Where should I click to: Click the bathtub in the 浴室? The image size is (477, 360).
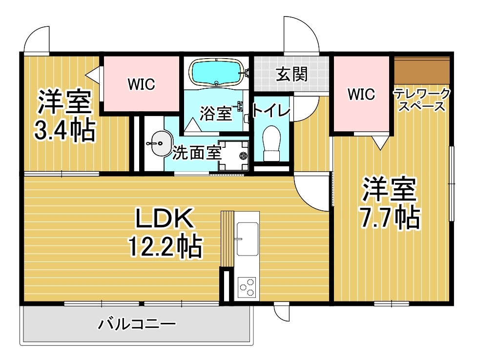216,73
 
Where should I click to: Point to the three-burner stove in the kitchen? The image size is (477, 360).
247,287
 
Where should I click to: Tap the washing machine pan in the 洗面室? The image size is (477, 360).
234,154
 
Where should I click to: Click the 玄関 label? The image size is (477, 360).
292,74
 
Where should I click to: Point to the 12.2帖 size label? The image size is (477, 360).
165,247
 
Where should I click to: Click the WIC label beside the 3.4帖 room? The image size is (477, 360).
142,84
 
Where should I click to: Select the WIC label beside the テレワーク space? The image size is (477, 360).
361,94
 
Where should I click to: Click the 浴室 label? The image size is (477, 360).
215,114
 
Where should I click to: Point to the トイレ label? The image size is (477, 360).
271,111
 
